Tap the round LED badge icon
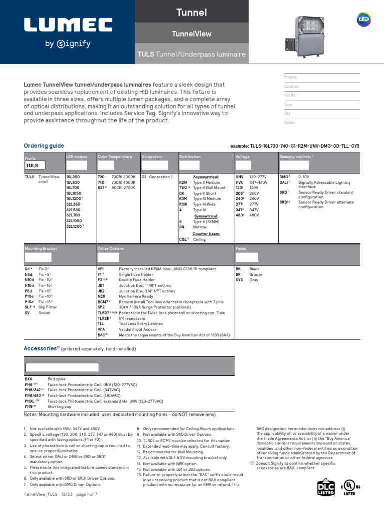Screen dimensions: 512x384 pyautogui.click(x=363, y=19)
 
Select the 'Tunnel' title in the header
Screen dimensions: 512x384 pyautogui.click(x=192, y=12)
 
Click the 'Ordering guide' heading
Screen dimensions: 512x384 pyautogui.click(x=44, y=146)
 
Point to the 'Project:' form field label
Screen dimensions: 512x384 pyautogui.click(x=290, y=77)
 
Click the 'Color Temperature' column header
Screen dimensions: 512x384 pyautogui.click(x=115, y=157)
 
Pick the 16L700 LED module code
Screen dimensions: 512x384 pyautogui.click(x=73, y=188)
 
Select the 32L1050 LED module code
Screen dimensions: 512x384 pyautogui.click(x=74, y=220)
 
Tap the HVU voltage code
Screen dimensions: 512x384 pyautogui.click(x=240, y=182)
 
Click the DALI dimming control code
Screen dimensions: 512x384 pyautogui.click(x=284, y=182)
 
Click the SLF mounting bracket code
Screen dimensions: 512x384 pyautogui.click(x=29, y=307)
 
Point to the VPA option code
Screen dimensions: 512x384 pyautogui.click(x=102, y=329)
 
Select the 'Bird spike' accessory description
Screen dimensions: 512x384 pyautogui.click(x=56, y=379)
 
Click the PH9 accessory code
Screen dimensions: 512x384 pyautogui.click(x=29, y=407)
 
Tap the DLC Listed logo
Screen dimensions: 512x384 pyautogui.click(x=325, y=488)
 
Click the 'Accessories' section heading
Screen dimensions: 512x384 pyautogui.click(x=41, y=348)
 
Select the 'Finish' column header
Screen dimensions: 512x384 pyautogui.click(x=241, y=248)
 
